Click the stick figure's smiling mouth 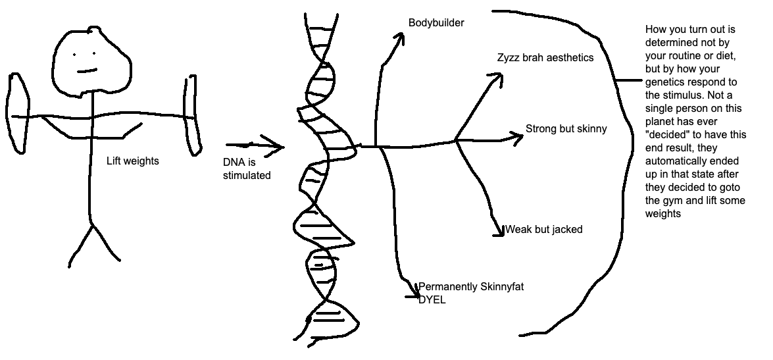click(87, 70)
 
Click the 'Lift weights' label click(133, 161)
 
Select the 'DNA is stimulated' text click(247, 169)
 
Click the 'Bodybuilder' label click(436, 22)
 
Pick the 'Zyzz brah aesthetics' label click(545, 58)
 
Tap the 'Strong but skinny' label click(566, 129)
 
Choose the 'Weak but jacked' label click(544, 229)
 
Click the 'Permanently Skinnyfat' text click(471, 287)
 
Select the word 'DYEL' click(432, 299)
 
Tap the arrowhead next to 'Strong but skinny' click(516, 138)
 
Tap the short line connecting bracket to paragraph click(629, 80)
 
